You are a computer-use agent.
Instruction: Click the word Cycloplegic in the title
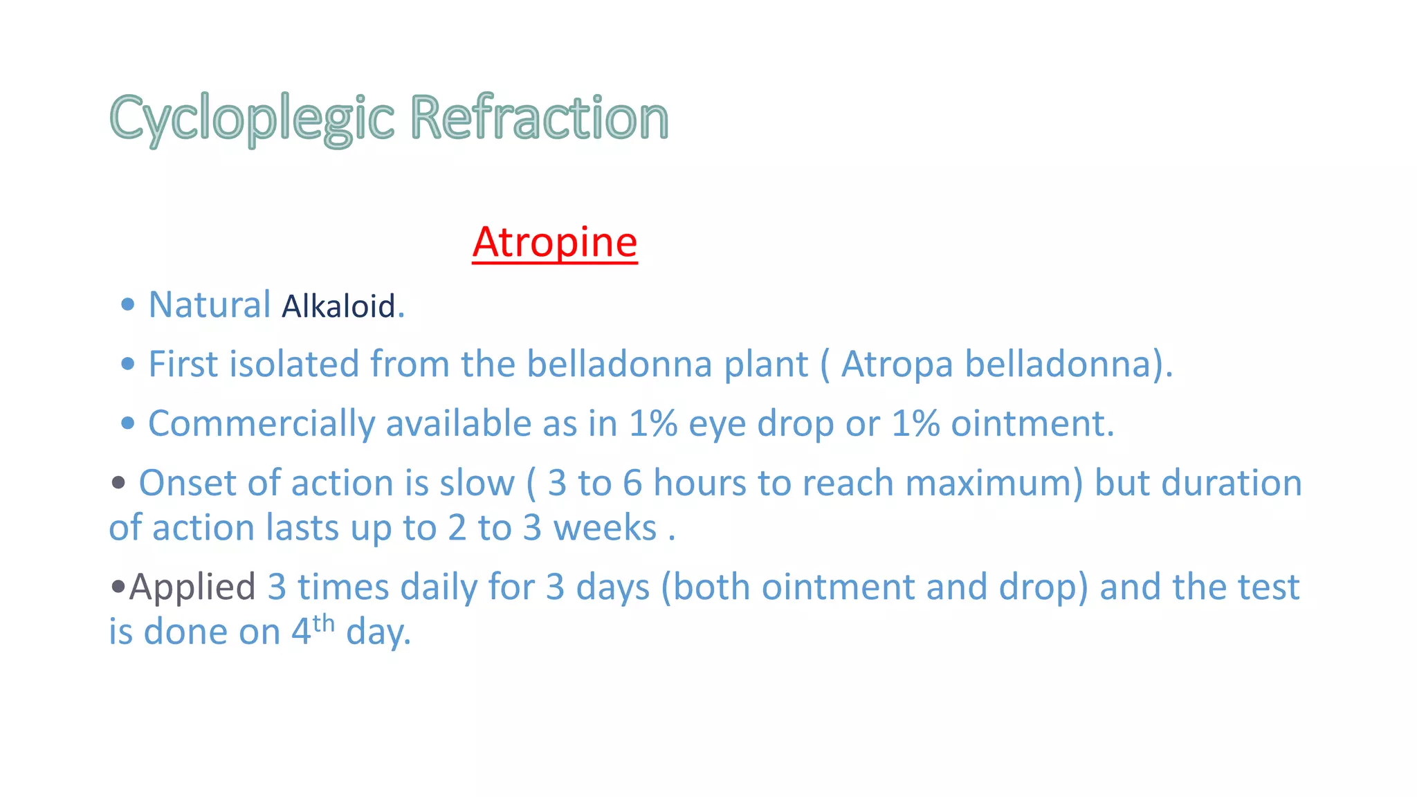252,118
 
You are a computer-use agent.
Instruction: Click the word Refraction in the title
539,118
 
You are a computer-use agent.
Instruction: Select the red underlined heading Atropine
555,242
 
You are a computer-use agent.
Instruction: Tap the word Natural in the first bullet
210,305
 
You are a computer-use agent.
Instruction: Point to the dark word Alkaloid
338,306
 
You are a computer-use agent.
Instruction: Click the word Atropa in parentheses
897,365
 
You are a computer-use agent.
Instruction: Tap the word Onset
188,483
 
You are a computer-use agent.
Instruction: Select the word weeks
605,528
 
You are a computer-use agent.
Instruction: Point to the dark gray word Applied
192,587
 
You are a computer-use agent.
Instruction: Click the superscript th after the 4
323,623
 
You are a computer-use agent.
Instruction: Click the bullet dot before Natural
127,305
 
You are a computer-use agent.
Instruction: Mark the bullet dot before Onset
118,483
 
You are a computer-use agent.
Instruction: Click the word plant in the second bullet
766,365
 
